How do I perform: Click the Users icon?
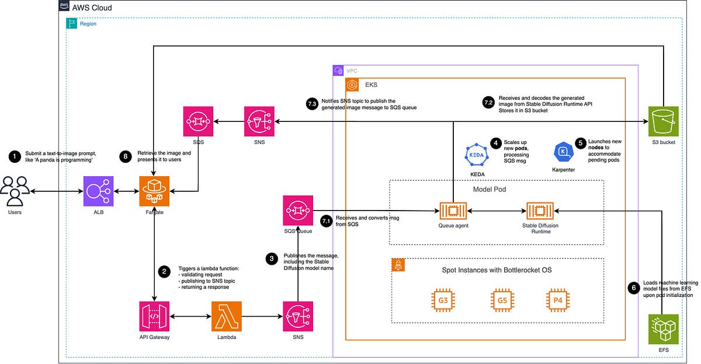[x=16, y=191]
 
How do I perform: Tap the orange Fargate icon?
[x=154, y=191]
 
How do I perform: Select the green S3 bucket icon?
[x=663, y=121]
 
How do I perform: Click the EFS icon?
[x=663, y=330]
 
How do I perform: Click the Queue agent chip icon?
[x=453, y=210]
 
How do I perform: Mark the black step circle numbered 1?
[x=13, y=156]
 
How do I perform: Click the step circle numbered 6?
[x=633, y=288]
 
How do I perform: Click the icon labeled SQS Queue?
[x=297, y=210]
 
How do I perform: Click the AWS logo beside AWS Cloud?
[x=64, y=7]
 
